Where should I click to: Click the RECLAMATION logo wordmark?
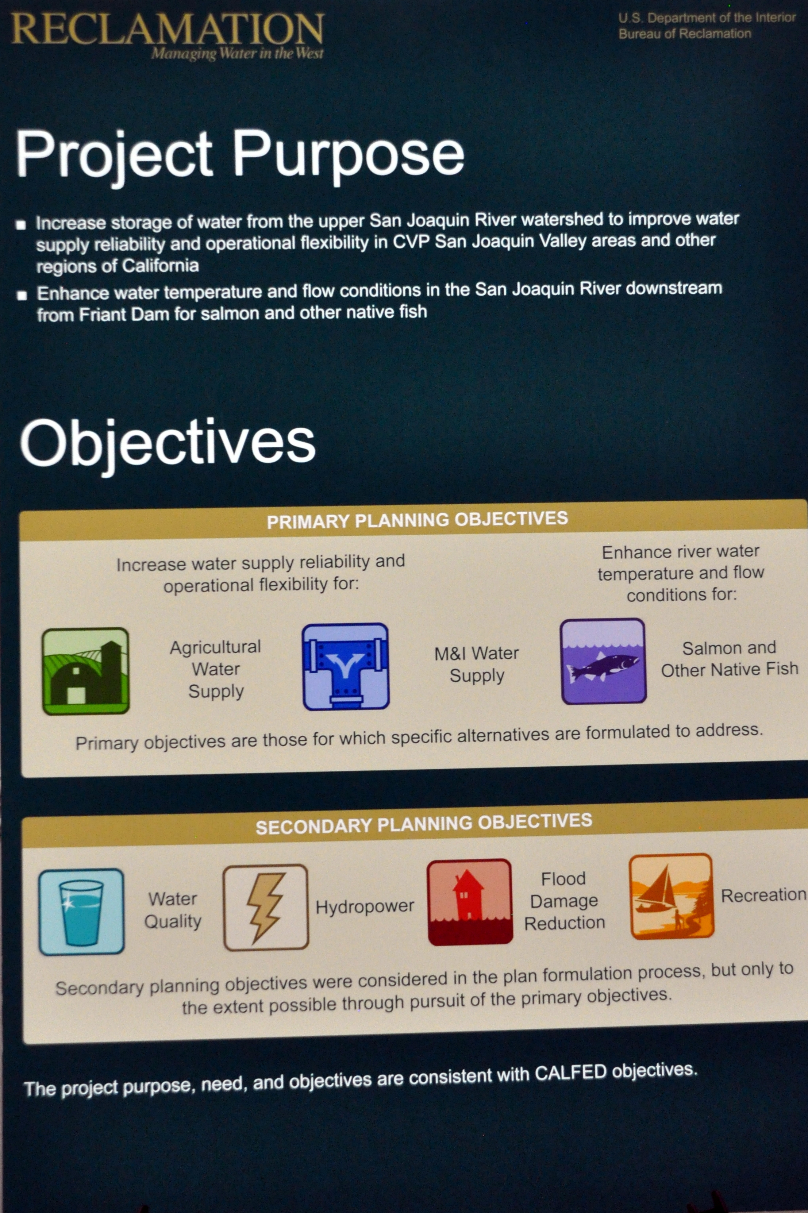pos(168,29)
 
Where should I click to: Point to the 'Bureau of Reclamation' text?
pos(685,34)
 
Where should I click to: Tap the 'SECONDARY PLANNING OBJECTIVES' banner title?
pos(424,824)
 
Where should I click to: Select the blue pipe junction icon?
pos(345,666)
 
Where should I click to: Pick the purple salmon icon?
pos(603,661)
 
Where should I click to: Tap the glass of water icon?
pos(81,912)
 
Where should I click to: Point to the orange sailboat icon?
pos(672,897)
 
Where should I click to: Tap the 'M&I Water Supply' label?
pos(477,664)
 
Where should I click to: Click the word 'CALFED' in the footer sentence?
pos(570,1073)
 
